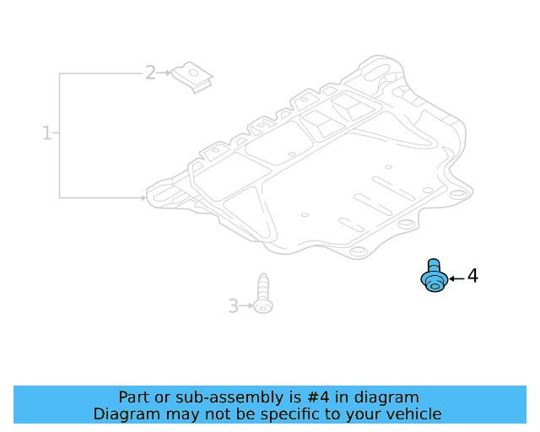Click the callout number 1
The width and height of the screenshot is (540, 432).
(47, 133)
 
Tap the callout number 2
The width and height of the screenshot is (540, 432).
(150, 73)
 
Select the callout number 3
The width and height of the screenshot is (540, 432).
(233, 305)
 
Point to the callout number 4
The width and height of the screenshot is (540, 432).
(472, 276)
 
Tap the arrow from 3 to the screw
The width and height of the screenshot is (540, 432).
(248, 306)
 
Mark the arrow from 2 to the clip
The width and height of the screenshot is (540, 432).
(166, 73)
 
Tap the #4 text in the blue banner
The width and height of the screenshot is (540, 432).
(299, 397)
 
